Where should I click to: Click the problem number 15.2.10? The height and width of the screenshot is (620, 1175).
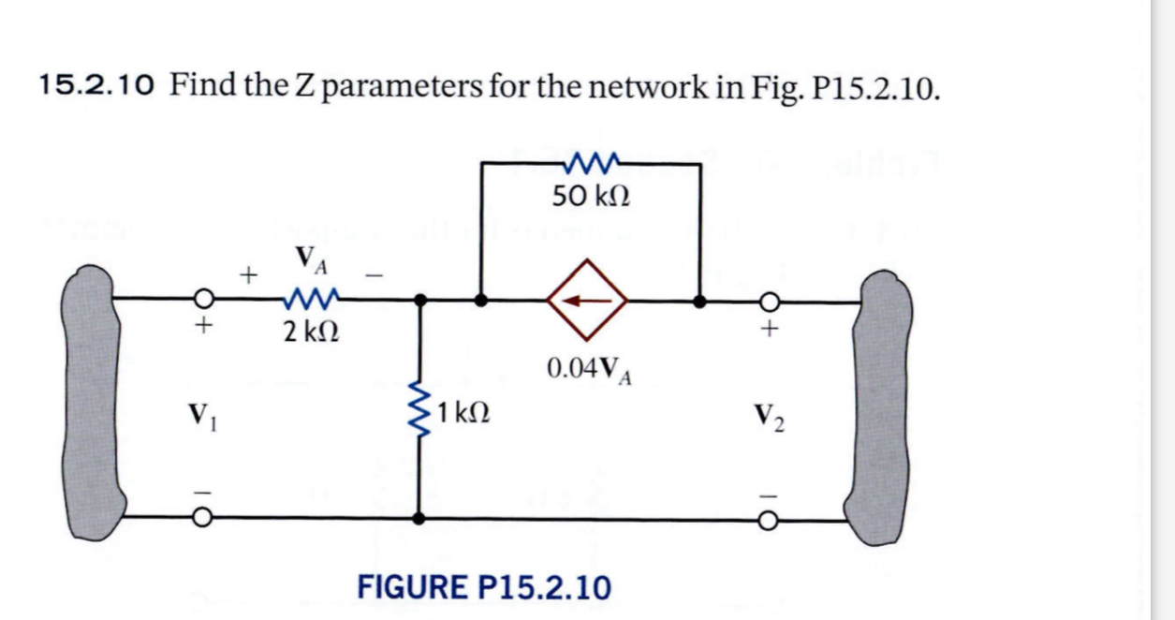(x=98, y=88)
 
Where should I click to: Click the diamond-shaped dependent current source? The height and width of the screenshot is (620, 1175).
(x=588, y=301)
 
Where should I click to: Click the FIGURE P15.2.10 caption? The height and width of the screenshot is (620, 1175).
(x=484, y=587)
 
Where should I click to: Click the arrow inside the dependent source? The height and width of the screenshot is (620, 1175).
(x=588, y=301)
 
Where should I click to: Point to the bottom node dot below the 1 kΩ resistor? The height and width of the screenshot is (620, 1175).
(x=420, y=517)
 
